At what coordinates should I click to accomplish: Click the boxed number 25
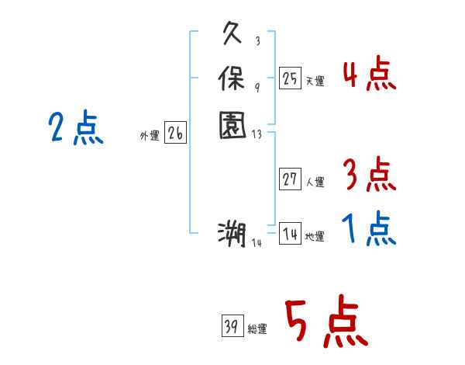[x=290, y=78]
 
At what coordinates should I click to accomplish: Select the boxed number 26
[x=175, y=134]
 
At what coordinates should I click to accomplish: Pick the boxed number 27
[x=290, y=179]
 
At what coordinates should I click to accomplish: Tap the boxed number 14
[x=290, y=234]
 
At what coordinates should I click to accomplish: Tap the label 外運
[x=150, y=136]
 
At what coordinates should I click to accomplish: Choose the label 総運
[x=257, y=329]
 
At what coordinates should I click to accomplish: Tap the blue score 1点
[x=369, y=230]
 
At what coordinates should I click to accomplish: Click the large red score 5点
[x=325, y=323]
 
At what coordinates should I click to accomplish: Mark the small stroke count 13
[x=257, y=133]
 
